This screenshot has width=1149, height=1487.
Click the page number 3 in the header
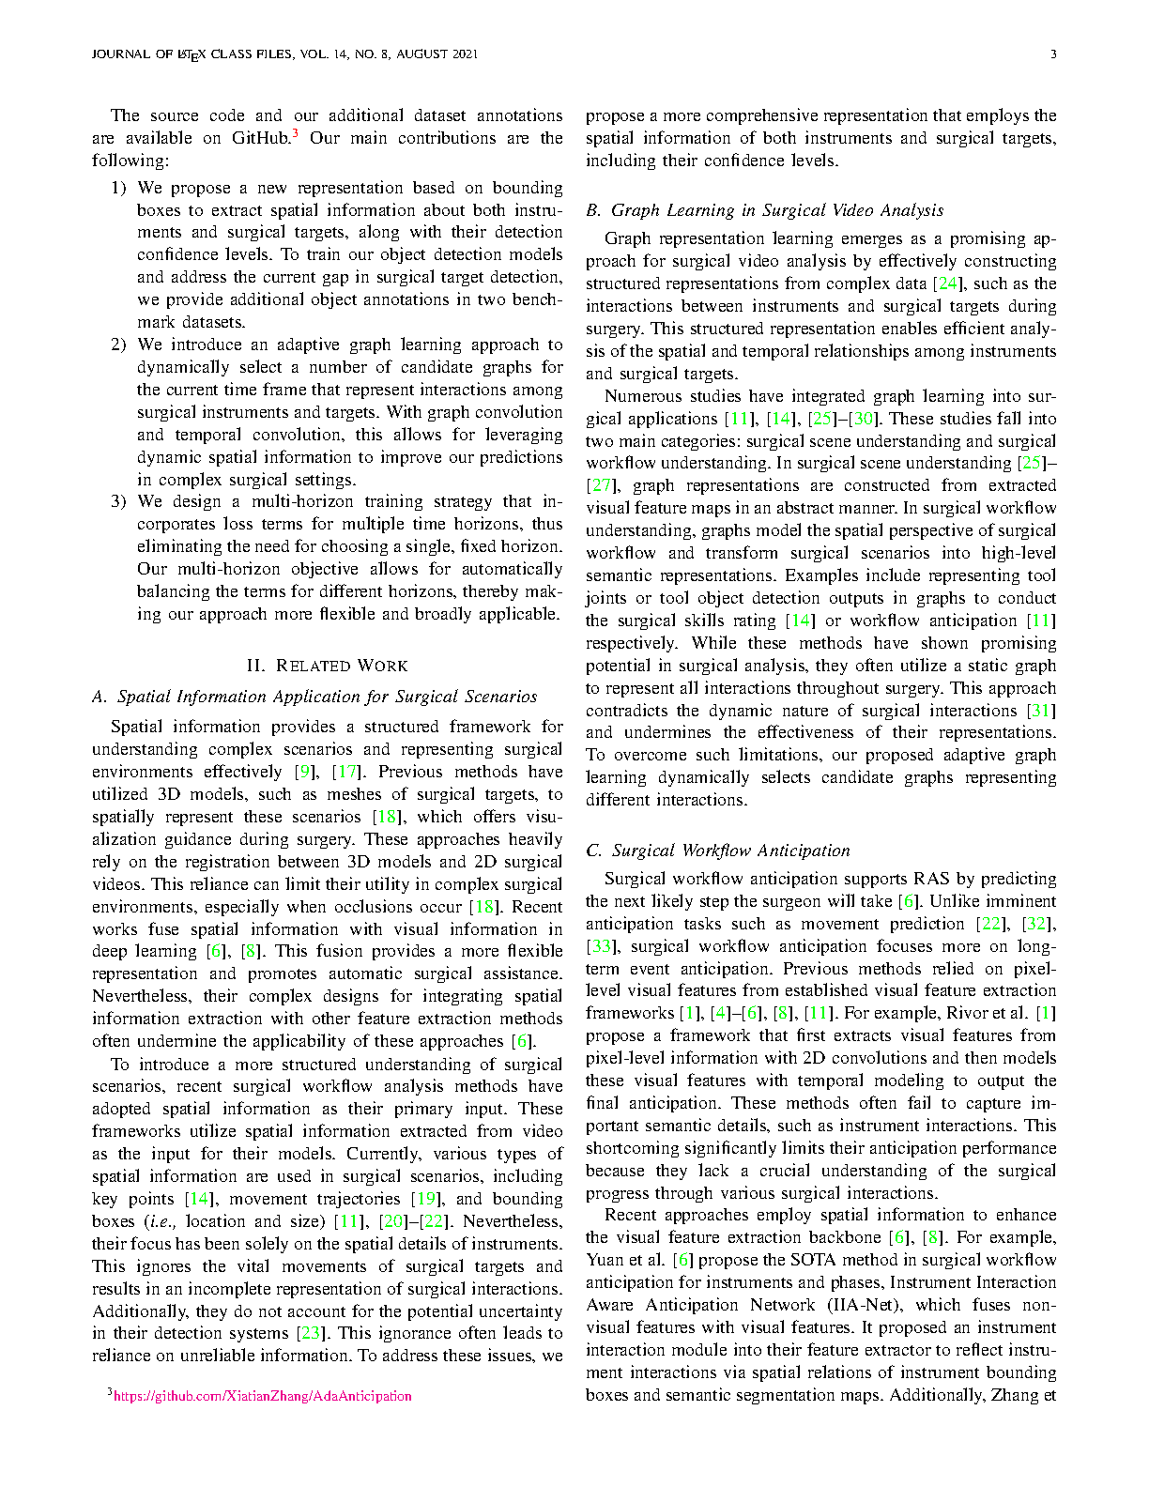point(1053,54)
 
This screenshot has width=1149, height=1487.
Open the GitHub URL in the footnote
point(262,1396)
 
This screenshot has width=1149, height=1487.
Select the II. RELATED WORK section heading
point(327,666)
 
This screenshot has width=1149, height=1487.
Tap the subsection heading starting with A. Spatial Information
point(314,697)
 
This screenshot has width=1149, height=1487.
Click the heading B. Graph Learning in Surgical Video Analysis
point(764,210)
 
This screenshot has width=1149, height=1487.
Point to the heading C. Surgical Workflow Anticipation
point(717,851)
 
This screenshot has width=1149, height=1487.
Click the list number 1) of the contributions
point(118,188)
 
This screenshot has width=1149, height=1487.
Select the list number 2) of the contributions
point(118,345)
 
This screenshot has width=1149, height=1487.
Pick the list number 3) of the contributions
point(118,501)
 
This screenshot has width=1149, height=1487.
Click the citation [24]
point(945,284)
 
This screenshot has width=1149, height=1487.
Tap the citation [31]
point(1040,711)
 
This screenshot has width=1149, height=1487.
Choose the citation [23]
point(311,1333)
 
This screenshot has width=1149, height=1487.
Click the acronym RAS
point(931,879)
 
